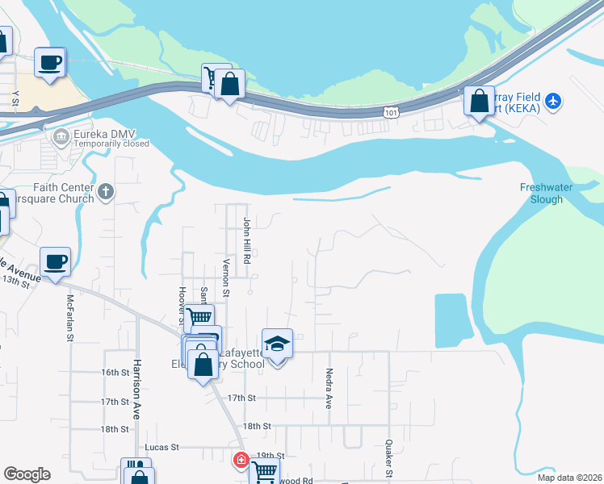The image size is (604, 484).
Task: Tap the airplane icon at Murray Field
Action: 552,101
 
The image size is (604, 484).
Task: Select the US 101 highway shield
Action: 392,112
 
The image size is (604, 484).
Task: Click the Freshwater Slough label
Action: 552,193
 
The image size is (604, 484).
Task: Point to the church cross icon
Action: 107,191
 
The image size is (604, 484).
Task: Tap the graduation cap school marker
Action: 277,344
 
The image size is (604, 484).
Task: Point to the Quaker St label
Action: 389,456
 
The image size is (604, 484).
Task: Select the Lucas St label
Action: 161,446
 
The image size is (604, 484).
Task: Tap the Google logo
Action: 27,474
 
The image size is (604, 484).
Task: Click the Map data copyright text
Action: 568,478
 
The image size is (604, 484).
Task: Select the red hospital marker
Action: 241,461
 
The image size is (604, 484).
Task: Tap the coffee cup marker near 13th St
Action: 55,262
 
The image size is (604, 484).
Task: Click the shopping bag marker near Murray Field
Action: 479,102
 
